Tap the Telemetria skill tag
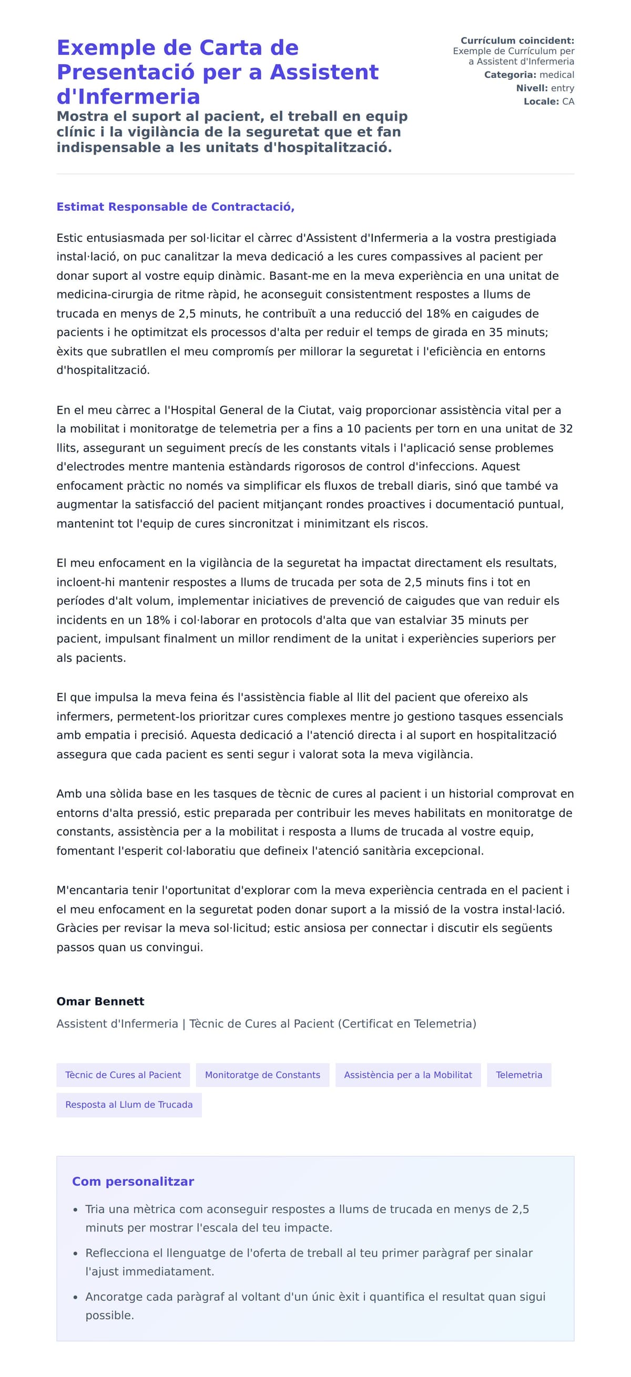click(518, 1075)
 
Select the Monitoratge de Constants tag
click(262, 1075)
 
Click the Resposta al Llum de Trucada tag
click(129, 1104)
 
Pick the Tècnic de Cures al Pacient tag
click(123, 1075)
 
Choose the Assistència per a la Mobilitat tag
click(408, 1075)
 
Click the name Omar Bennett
click(100, 1001)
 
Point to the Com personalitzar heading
click(133, 1181)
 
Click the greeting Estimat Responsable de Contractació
click(176, 207)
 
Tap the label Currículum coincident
click(516, 40)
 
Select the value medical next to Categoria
click(556, 75)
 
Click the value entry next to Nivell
click(562, 88)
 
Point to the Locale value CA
click(567, 101)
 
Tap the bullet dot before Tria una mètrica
click(75, 1210)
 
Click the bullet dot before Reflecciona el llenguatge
click(75, 1253)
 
